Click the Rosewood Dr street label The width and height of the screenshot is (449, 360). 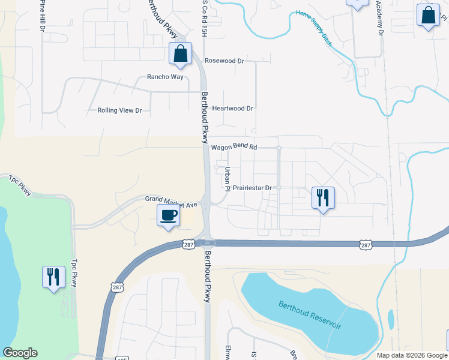click(224, 61)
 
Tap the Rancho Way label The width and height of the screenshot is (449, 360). click(165, 77)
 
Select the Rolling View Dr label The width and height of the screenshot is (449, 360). click(119, 110)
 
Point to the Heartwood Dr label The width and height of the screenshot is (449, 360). click(233, 109)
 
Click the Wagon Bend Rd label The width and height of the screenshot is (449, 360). click(234, 147)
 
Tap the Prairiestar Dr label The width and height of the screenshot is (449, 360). click(253, 188)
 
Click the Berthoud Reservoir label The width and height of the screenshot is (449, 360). click(310, 314)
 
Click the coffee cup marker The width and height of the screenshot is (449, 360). click(168, 215)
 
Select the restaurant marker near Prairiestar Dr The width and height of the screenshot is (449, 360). click(323, 197)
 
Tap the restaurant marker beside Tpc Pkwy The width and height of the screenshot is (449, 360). click(53, 277)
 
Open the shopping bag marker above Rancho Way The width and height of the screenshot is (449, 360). click(180, 54)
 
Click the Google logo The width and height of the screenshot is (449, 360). click(20, 353)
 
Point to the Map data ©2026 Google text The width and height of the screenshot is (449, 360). click(412, 355)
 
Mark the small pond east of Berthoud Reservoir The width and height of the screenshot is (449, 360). click(391, 319)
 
